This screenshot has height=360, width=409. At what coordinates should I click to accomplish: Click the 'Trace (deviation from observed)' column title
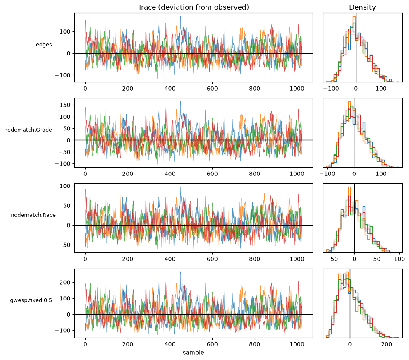(x=193, y=7)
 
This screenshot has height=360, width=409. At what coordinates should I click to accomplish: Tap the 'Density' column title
(x=362, y=7)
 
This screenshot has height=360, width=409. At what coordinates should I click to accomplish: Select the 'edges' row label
(x=44, y=45)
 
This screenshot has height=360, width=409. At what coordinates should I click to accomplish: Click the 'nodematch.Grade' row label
(x=28, y=130)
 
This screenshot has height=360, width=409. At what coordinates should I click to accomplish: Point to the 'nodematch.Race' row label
(x=33, y=215)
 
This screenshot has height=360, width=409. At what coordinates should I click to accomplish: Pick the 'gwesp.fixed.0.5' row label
(x=31, y=300)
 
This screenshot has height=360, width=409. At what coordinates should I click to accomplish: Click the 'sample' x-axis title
(x=193, y=353)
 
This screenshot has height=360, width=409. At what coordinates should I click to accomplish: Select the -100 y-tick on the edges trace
(x=62, y=75)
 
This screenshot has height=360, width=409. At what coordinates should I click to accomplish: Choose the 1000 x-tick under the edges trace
(x=297, y=89)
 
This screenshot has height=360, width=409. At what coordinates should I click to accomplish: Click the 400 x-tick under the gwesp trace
(x=170, y=344)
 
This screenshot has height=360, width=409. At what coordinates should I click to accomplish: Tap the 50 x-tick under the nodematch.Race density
(x=377, y=259)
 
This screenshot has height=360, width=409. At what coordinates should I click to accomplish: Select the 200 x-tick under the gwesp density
(x=386, y=344)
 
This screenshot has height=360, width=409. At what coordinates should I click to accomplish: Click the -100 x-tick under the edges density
(x=331, y=89)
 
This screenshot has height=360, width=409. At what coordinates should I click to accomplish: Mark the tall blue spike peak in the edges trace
(x=180, y=17)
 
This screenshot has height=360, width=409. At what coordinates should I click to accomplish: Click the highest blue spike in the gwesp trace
(x=180, y=272)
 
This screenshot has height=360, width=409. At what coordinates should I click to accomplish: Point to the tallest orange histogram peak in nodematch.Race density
(x=349, y=187)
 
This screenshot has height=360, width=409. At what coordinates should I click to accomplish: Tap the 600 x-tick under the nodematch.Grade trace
(x=212, y=174)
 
